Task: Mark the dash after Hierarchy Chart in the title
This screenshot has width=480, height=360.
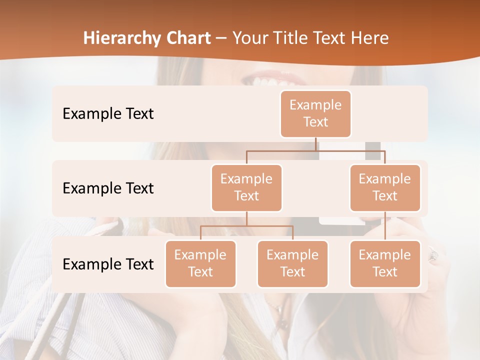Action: tap(221, 39)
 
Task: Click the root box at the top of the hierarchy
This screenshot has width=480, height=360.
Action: tap(315, 114)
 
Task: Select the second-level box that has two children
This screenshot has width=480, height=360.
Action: tap(246, 188)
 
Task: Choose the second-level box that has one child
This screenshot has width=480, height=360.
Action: tap(385, 188)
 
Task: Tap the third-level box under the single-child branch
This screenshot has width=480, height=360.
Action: tap(385, 264)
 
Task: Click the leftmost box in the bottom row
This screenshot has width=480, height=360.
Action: tap(200, 264)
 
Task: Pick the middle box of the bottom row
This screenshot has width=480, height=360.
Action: tap(292, 264)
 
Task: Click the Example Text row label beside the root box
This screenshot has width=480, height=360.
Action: tap(108, 114)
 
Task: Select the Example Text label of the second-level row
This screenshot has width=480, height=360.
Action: tap(108, 188)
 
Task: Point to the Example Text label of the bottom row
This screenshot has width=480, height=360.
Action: tap(108, 264)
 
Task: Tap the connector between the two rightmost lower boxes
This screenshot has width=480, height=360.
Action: tap(385, 226)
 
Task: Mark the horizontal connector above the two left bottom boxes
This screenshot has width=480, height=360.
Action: tap(246, 226)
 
